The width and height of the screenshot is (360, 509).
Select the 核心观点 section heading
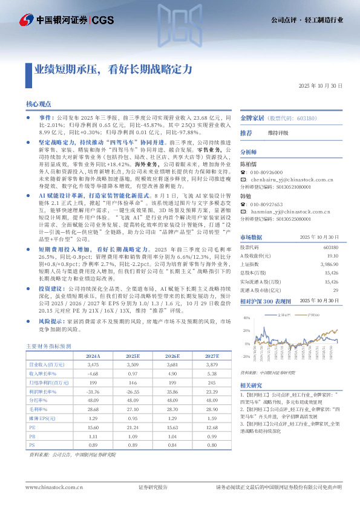(39, 104)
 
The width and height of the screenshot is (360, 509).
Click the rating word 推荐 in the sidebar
(246, 132)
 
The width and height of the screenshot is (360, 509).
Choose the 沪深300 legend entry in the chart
(312, 315)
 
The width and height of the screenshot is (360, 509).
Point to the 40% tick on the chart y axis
(246, 319)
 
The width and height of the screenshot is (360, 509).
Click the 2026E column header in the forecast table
(174, 357)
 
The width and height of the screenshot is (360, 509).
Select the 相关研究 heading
(252, 385)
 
